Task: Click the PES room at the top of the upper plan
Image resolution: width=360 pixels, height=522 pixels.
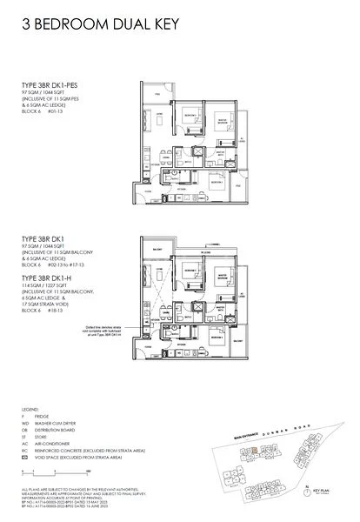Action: click(x=153, y=90)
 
